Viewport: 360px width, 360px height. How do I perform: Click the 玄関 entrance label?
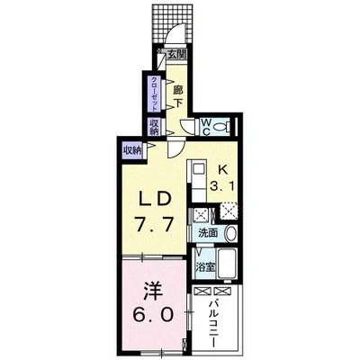(x=177, y=55)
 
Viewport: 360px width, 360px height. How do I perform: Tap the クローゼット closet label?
(x=154, y=94)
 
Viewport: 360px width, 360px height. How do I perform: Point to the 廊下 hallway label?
(x=178, y=96)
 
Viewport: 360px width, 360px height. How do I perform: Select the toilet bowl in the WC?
(x=223, y=127)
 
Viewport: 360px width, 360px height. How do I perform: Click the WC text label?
(x=205, y=127)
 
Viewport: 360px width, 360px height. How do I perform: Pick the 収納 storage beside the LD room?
(x=131, y=150)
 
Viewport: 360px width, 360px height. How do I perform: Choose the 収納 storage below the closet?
(x=154, y=127)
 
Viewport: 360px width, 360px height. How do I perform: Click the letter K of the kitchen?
(x=222, y=170)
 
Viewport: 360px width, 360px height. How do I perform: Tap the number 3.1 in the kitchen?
(x=222, y=186)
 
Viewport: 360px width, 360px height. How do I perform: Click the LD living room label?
(x=154, y=199)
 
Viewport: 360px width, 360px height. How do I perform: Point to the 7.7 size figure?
(x=154, y=223)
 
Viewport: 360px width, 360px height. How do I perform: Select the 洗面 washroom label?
(x=208, y=233)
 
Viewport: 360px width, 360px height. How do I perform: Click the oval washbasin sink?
(x=231, y=233)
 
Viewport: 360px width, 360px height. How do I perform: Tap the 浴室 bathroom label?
(x=206, y=266)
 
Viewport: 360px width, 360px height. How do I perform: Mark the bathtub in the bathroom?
(x=228, y=264)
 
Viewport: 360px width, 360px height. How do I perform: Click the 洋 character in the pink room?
(x=153, y=292)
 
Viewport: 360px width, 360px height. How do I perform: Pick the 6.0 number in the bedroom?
(x=154, y=315)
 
